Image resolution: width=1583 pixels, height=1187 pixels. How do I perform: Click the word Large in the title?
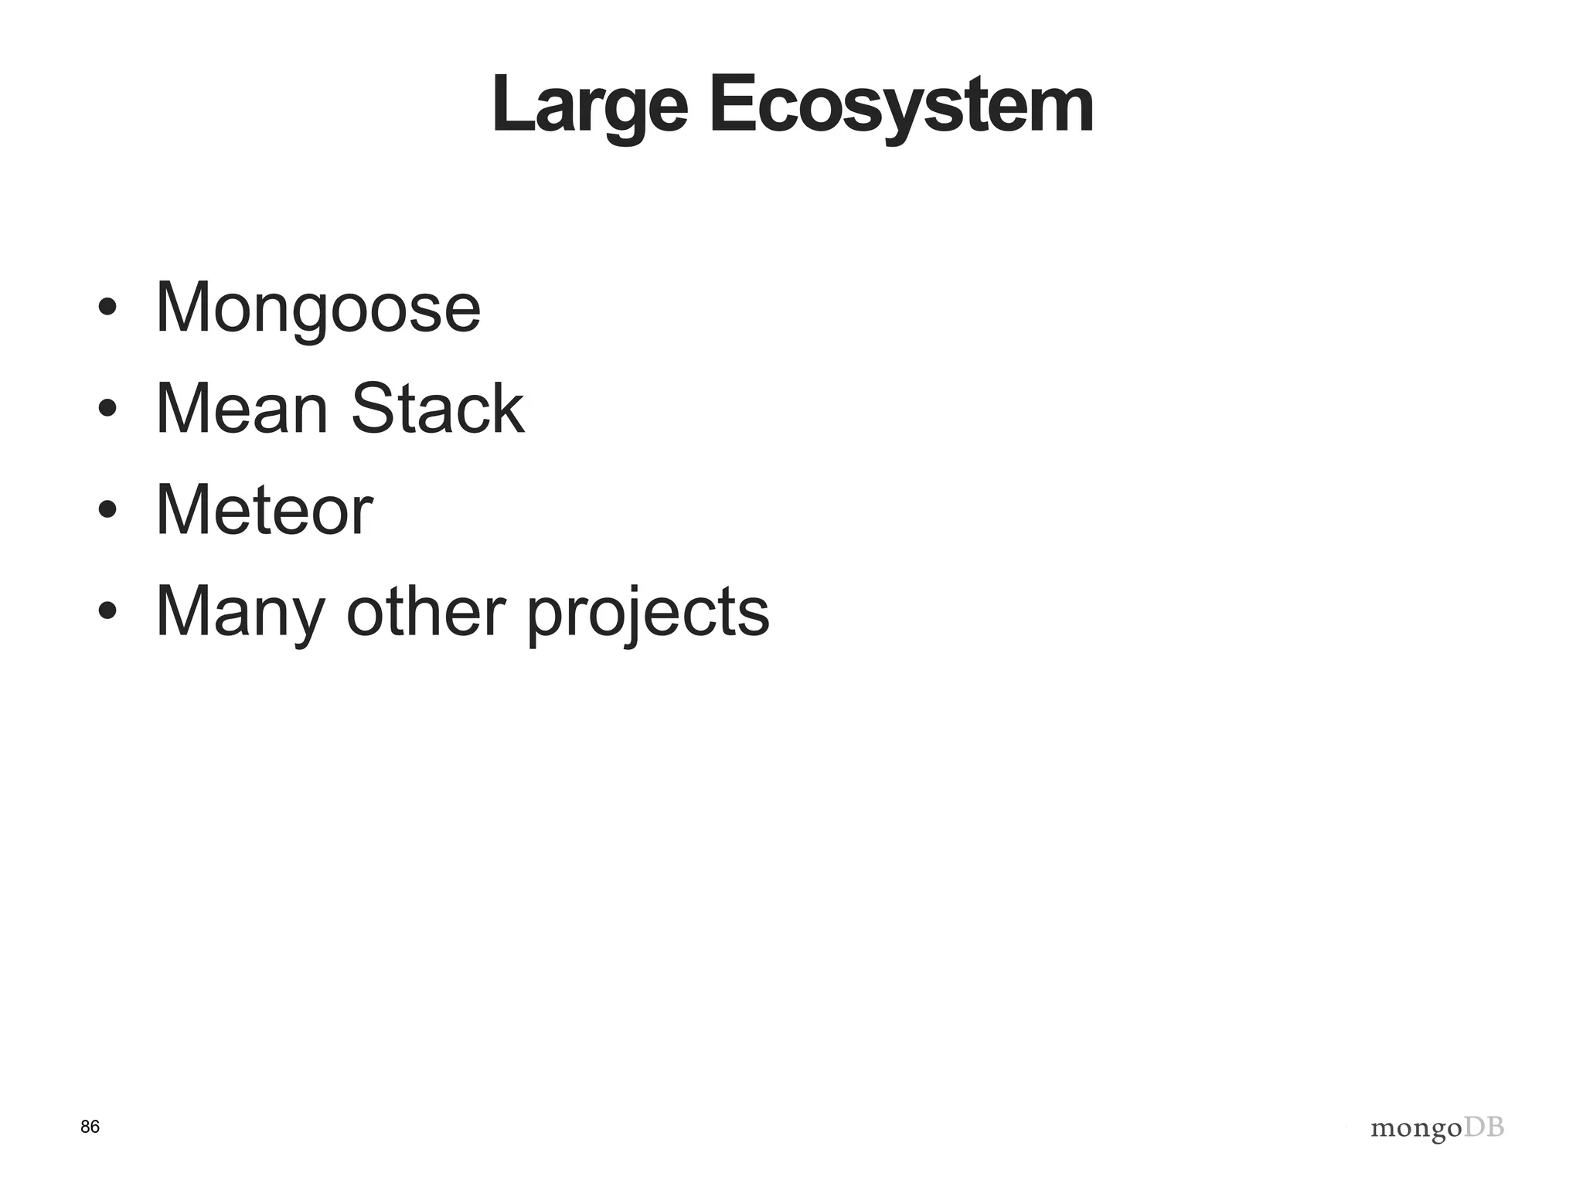click(x=589, y=107)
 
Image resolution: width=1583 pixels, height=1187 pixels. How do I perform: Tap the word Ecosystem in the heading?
click(x=900, y=107)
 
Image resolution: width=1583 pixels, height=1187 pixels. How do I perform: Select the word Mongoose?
click(x=318, y=308)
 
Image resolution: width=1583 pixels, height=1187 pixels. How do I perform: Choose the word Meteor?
click(x=264, y=510)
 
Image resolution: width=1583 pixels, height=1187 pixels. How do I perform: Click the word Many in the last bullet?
click(x=240, y=612)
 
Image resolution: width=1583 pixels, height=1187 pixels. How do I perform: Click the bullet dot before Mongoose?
click(x=107, y=308)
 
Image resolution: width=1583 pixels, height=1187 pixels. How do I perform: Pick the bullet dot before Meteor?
click(x=107, y=510)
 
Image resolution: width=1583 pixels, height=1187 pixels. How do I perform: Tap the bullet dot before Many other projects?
click(x=107, y=611)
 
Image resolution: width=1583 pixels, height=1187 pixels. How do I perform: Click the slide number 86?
click(x=90, y=1127)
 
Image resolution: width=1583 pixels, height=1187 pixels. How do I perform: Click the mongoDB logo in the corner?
click(x=1437, y=1129)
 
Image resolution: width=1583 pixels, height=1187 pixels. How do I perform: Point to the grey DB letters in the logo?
click(x=1485, y=1127)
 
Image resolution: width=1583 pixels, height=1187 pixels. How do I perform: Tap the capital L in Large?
click(x=512, y=105)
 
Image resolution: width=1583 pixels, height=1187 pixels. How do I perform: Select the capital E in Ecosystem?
click(x=730, y=105)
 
